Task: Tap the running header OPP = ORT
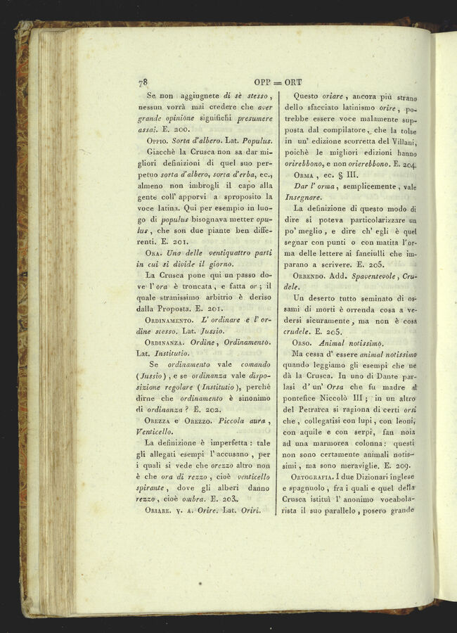(278, 82)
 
